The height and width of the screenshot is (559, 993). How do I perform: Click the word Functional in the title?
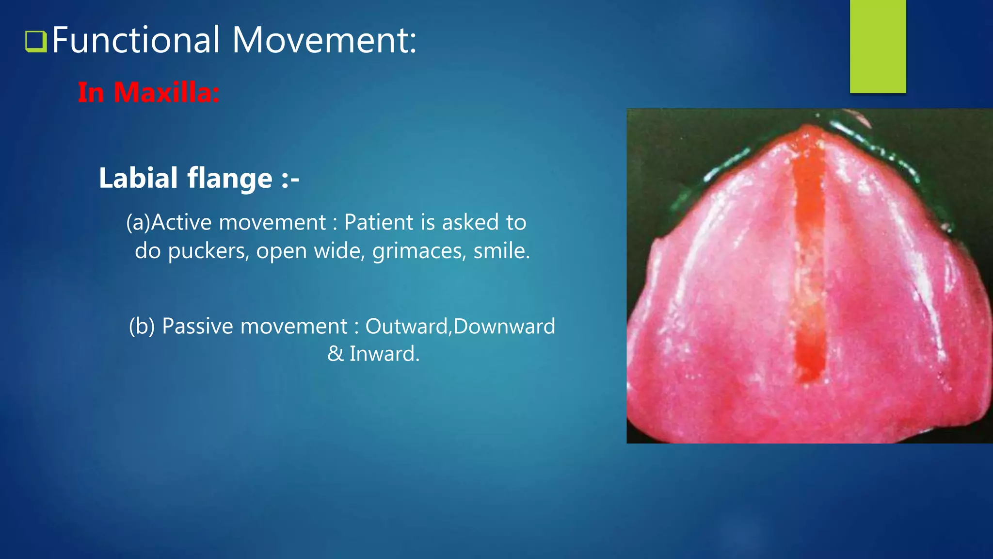(136, 40)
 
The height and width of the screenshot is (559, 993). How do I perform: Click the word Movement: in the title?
(324, 40)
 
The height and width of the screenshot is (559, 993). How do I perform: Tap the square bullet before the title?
(35, 41)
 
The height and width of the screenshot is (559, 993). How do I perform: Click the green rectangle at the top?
(878, 46)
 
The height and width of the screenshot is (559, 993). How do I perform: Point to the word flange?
(230, 178)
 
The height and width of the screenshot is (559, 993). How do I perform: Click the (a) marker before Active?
(138, 223)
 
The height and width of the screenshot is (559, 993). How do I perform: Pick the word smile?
(501, 251)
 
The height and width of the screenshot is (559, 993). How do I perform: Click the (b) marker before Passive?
(142, 326)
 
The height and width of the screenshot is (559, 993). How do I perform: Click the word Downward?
(504, 326)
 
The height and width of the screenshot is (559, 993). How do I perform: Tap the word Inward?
(384, 354)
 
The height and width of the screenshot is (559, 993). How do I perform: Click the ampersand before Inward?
(335, 354)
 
